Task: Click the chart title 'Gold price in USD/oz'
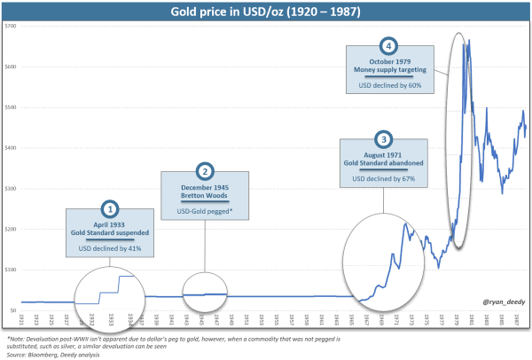click(265, 11)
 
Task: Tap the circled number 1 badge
click(111, 208)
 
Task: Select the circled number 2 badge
click(204, 171)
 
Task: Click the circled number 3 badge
click(383, 140)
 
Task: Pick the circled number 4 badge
click(386, 46)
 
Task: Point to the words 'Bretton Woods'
click(204, 194)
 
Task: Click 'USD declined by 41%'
click(111, 248)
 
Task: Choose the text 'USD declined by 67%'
click(383, 179)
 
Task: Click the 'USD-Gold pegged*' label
click(204, 211)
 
